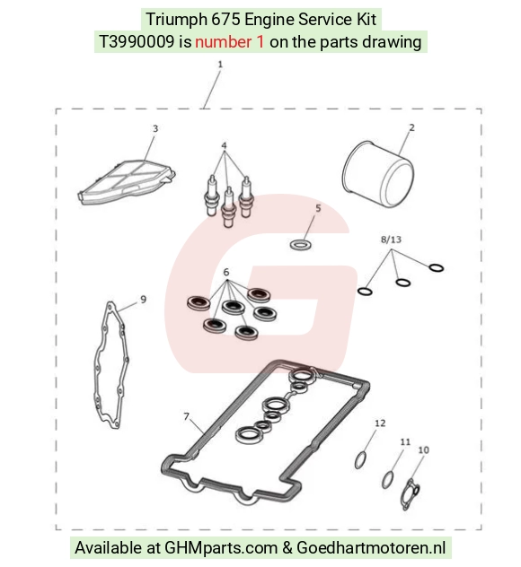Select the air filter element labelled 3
click(127, 183)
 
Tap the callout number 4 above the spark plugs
click(224, 145)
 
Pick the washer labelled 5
click(301, 244)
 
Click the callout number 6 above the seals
click(226, 272)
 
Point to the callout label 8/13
click(391, 240)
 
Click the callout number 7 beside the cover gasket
click(186, 416)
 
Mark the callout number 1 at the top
click(220, 65)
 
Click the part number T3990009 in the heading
click(137, 42)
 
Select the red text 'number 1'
click(230, 42)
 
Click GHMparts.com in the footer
click(220, 548)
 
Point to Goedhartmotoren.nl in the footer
click(371, 548)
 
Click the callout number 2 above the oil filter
click(411, 127)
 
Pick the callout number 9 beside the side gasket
click(144, 300)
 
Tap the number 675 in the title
click(225, 20)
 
